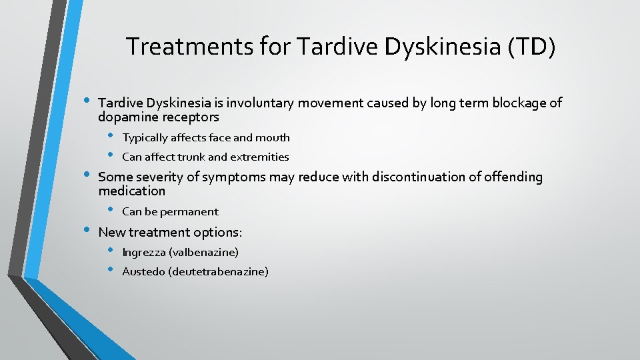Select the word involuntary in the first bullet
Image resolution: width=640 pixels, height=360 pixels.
[261, 103]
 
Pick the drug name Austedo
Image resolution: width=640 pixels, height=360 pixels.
[141, 271]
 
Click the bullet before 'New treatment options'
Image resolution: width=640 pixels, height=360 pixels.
[86, 230]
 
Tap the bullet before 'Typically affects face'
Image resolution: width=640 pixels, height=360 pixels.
[111, 136]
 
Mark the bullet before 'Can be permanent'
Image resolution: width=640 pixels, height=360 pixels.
[111, 210]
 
